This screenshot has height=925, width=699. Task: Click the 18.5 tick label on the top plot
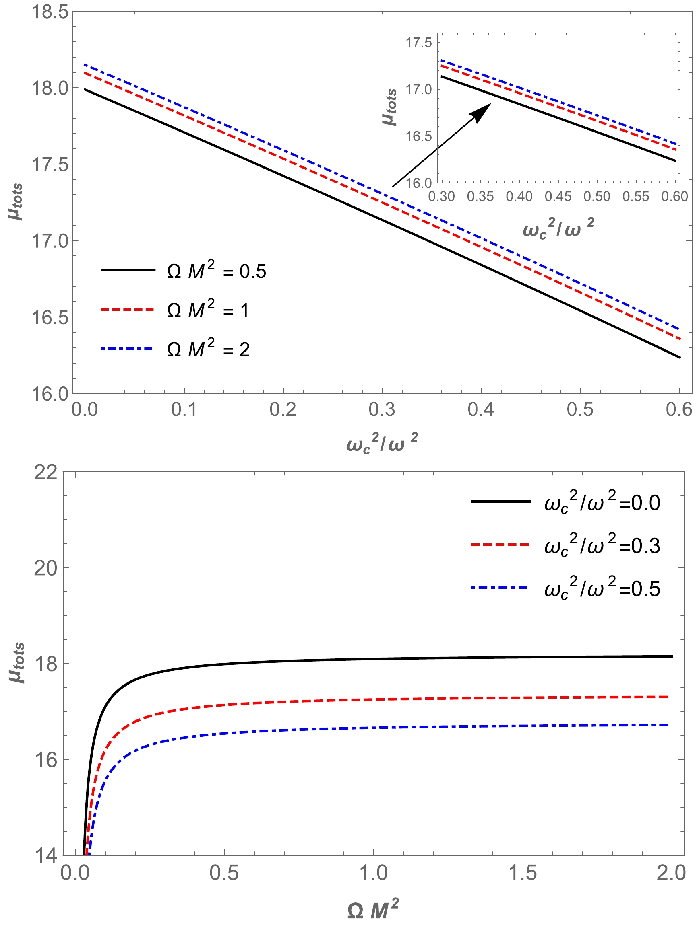pos(50,12)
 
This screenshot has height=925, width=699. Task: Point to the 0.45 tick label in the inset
pos(558,196)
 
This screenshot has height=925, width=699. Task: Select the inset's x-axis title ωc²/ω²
pos(558,228)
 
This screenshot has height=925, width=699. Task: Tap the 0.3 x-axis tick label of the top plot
pos(382,409)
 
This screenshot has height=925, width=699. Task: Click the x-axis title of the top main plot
pos(382,443)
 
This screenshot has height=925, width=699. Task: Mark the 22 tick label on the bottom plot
pos(45,473)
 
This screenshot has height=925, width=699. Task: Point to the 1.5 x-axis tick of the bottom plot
pos(522,873)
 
